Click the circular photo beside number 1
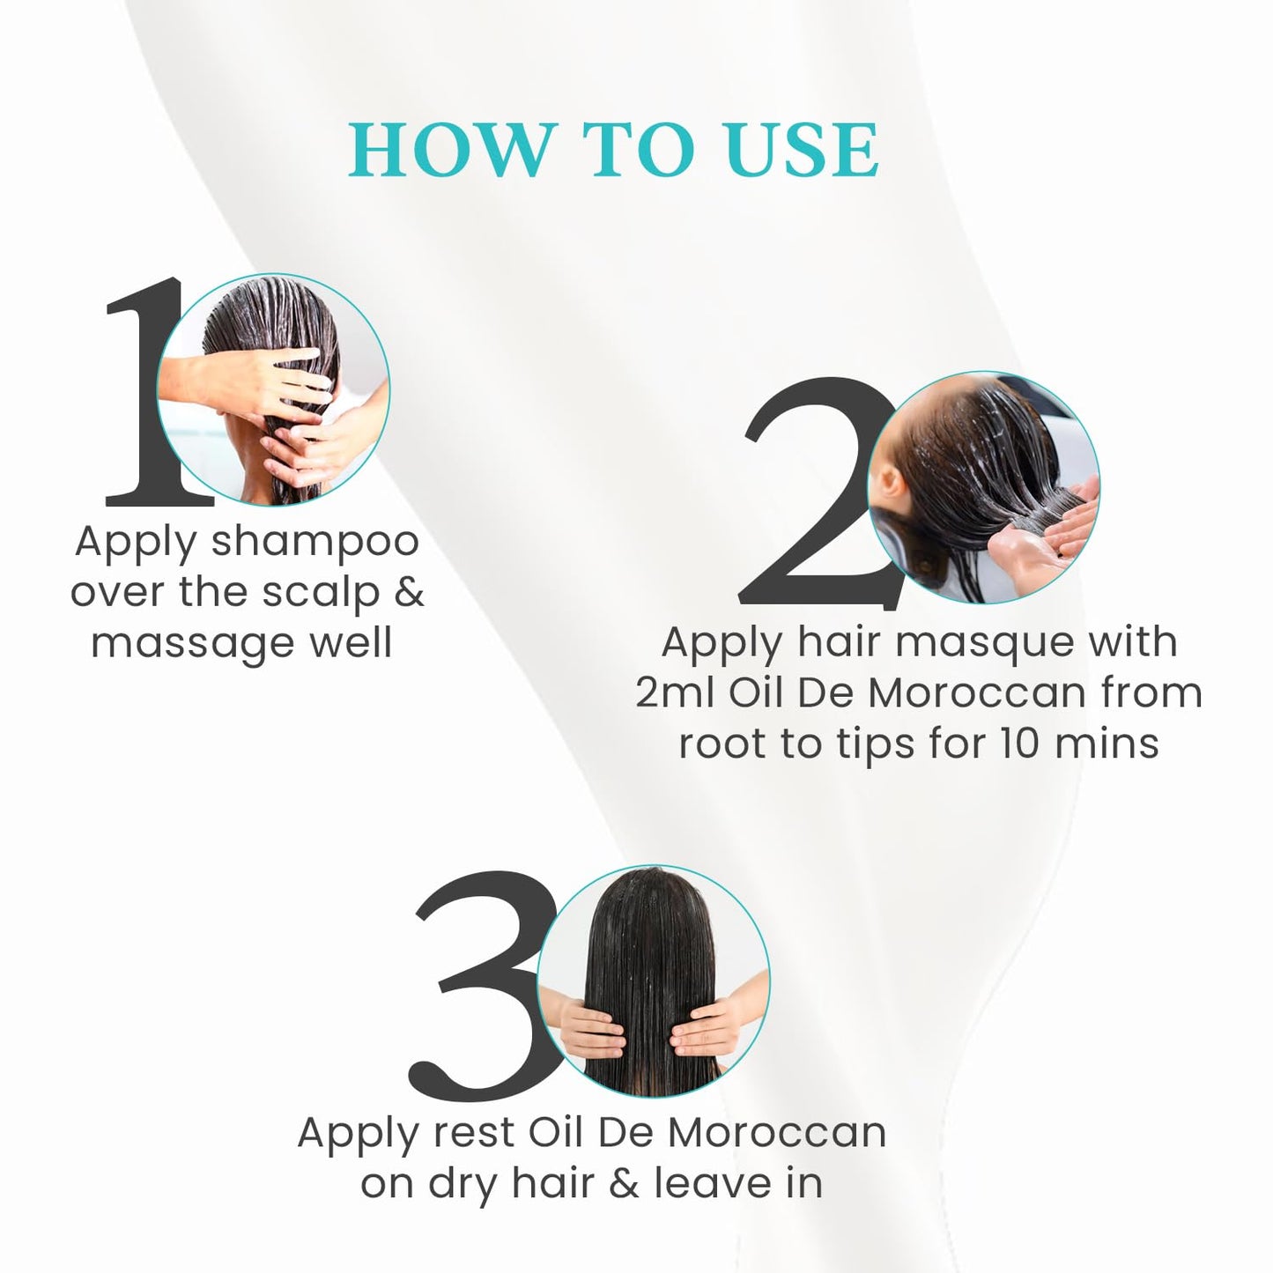pos(273,389)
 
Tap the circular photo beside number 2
pos(984,487)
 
